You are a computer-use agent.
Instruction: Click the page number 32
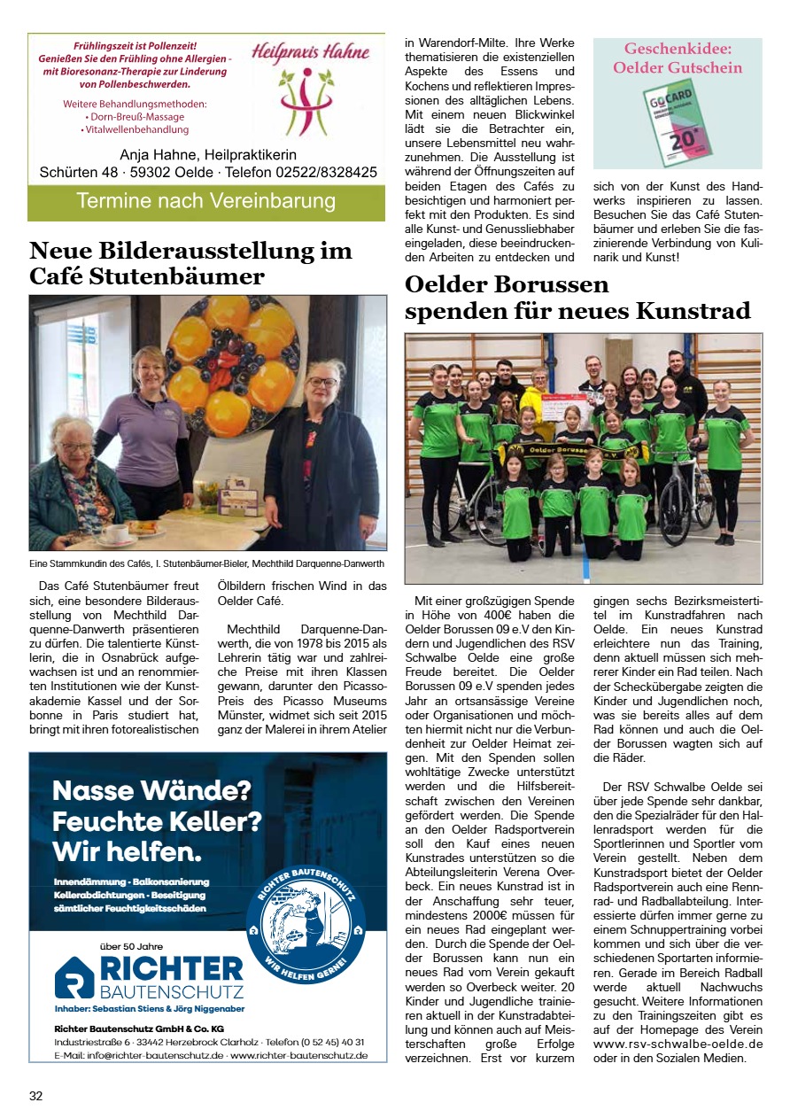pyautogui.click(x=35, y=1096)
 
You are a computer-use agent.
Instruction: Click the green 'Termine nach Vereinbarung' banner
pyautogui.click(x=206, y=201)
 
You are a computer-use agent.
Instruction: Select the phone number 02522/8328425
pyautogui.click(x=327, y=172)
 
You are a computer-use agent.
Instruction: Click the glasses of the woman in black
pyautogui.click(x=321, y=382)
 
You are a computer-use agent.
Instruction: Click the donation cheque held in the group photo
pyautogui.click(x=567, y=408)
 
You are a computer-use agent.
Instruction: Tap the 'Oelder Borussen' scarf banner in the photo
pyautogui.click(x=567, y=451)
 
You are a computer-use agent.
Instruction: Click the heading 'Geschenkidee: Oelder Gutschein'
pyautogui.click(x=678, y=58)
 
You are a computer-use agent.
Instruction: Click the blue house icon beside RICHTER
pyautogui.click(x=74, y=977)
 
